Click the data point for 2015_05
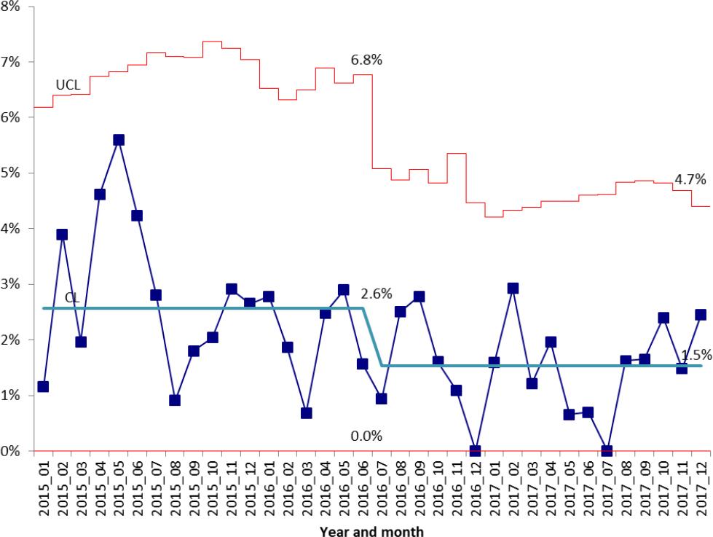tap(119, 140)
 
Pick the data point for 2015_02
tap(62, 235)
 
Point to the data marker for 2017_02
tap(513, 289)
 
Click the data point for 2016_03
tap(306, 413)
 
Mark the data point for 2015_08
tap(175, 400)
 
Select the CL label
tap(72, 297)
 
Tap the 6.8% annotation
tap(366, 60)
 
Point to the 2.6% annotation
tap(377, 294)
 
